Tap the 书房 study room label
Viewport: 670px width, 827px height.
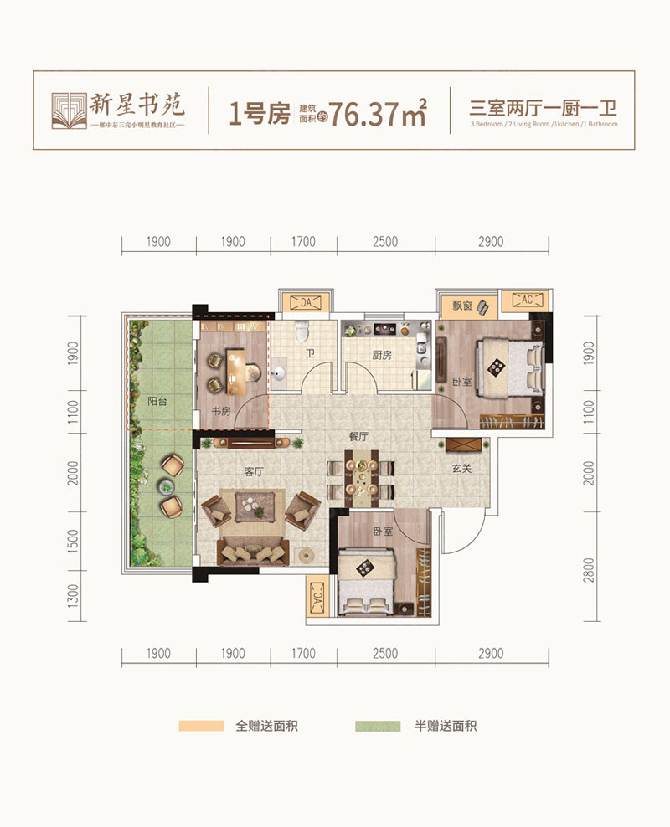point(221,412)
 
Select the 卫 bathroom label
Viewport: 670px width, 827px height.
point(310,354)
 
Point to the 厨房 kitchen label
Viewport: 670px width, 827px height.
point(382,354)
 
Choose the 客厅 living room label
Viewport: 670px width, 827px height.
point(254,472)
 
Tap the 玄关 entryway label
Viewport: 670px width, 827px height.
point(462,469)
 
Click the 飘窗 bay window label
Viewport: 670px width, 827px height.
point(462,307)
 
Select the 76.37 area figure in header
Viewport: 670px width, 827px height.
point(366,113)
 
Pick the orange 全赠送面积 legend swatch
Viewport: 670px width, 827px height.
point(201,726)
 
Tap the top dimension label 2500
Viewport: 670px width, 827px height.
point(385,242)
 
